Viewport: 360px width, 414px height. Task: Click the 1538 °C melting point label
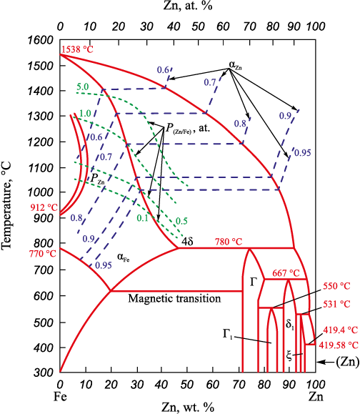[77, 49]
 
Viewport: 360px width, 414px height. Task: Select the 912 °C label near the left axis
[44, 208]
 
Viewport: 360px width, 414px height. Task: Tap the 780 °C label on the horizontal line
[229, 242]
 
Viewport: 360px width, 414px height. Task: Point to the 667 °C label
[286, 273]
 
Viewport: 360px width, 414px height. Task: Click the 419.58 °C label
[339, 345]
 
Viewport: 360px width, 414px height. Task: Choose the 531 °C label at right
[337, 304]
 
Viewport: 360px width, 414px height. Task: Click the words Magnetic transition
[174, 299]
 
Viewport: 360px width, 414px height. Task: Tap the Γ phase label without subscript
[253, 282]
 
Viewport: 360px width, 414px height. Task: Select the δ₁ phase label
[290, 324]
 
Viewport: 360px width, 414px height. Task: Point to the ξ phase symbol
[289, 356]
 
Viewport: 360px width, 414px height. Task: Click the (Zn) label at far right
[348, 362]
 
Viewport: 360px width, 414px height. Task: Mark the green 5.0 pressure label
[83, 87]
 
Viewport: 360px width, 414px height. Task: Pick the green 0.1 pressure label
[142, 218]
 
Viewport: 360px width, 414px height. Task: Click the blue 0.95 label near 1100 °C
[303, 153]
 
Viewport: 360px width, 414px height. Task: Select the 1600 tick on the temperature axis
[40, 40]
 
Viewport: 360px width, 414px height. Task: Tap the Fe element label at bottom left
[60, 397]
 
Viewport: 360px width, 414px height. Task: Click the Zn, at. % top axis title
[188, 6]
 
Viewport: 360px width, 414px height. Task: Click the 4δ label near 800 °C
[187, 242]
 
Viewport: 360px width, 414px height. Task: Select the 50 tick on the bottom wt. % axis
[187, 385]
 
